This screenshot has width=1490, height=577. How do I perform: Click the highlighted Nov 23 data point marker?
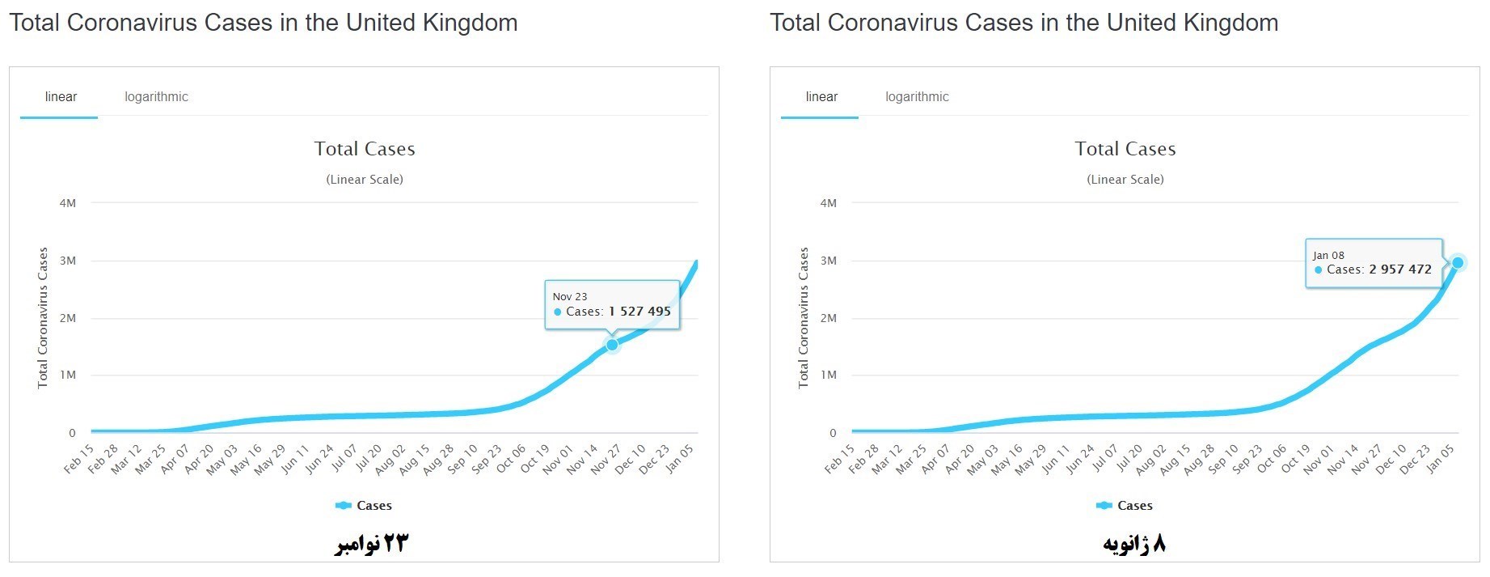point(612,345)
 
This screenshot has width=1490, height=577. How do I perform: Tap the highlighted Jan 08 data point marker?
point(1458,262)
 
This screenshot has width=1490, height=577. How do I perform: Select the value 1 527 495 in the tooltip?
point(639,312)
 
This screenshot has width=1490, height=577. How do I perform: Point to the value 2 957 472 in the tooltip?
point(1400,269)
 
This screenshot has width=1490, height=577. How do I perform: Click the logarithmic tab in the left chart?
point(156,97)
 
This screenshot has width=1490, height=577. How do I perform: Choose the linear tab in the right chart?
point(821,97)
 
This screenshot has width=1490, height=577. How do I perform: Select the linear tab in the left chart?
point(61,97)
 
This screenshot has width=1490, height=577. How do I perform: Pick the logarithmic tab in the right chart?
point(917,97)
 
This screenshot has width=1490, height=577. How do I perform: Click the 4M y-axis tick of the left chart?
point(68,203)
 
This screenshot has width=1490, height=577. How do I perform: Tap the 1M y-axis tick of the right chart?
point(829,375)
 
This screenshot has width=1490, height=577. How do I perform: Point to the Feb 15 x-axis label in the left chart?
point(79,458)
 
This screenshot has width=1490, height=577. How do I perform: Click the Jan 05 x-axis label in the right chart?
point(1440,458)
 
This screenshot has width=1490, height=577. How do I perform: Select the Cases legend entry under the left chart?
point(365,506)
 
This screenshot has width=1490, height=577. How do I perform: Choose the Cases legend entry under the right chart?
point(1125,506)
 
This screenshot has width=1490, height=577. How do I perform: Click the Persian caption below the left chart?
point(372,543)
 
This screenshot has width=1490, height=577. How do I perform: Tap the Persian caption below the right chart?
point(1134,543)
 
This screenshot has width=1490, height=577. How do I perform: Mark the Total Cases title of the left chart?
point(365,149)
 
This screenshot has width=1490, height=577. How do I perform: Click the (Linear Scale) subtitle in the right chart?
point(1125,180)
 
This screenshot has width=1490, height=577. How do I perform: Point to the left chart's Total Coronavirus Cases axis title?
point(43,317)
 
